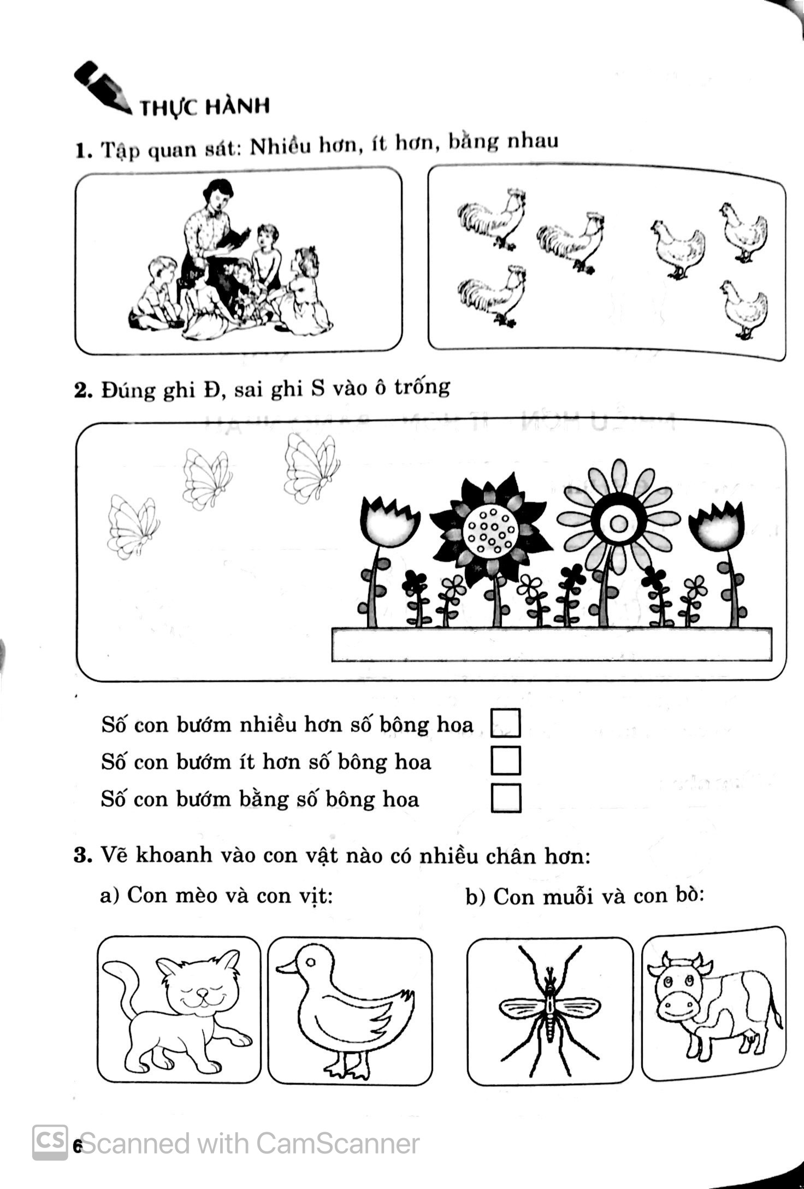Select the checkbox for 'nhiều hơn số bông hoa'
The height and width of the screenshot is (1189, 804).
506,723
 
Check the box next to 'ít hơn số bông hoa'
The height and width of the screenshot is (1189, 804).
506,760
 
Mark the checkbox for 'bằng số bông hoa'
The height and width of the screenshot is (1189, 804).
506,798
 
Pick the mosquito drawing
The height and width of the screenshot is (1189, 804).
549,1010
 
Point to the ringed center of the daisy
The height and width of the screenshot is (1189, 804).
618,524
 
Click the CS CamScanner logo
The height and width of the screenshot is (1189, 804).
50,1142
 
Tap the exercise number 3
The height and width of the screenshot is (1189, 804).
81,855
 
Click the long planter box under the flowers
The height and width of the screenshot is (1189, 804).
552,645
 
